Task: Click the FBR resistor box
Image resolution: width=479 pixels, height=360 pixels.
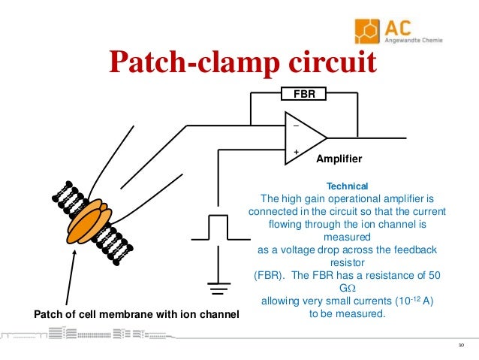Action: click(303, 94)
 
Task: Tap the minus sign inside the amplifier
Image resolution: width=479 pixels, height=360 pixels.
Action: click(295, 126)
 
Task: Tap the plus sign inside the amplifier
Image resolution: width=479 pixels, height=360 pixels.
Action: click(295, 152)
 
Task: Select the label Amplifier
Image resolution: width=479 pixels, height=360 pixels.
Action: click(339, 159)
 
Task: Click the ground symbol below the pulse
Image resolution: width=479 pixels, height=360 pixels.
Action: click(218, 286)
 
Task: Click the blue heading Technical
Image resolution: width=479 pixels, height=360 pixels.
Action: click(347, 186)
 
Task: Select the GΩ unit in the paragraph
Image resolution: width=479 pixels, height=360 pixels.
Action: click(346, 289)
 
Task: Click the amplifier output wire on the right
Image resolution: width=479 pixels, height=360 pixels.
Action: click(368, 138)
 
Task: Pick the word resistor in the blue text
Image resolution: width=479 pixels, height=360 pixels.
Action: click(347, 263)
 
